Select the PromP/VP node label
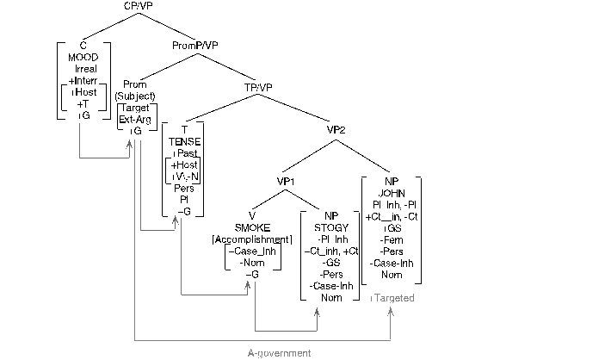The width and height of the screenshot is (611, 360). [194, 45]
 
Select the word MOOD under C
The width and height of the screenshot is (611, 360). [84, 57]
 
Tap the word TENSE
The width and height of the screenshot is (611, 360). [184, 140]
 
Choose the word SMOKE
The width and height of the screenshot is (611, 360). [252, 227]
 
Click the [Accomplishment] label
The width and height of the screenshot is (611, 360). [252, 238]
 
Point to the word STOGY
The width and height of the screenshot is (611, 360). [330, 227]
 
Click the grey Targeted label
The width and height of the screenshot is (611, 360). [392, 298]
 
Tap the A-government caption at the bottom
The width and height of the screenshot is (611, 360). [279, 353]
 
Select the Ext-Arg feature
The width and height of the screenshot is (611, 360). [136, 119]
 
